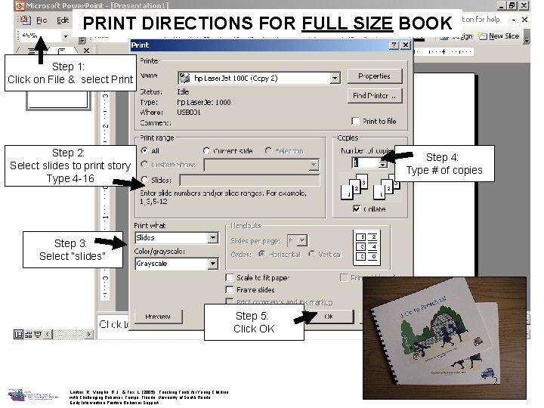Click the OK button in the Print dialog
coord(328,317)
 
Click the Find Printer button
coord(374,96)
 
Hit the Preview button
coord(157,317)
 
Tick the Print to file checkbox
coord(356,121)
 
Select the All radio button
coord(144,151)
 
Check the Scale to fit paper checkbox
coord(230,277)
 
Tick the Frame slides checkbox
coord(230,289)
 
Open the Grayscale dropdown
coord(212,264)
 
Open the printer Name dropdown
coord(335,78)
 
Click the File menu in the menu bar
coord(41,20)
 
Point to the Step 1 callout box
coord(69,73)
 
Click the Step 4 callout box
coord(443,164)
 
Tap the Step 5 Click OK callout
coord(254,322)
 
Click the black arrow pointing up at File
coord(41,45)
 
